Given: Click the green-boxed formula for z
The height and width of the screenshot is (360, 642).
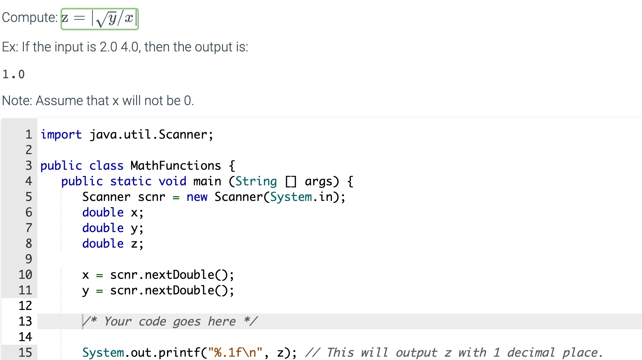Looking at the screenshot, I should pos(100,19).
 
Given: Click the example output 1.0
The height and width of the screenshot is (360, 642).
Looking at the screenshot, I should pos(14,74).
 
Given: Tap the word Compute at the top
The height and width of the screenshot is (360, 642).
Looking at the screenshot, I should pos(29,18).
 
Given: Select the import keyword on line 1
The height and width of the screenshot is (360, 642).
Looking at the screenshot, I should pos(61,135).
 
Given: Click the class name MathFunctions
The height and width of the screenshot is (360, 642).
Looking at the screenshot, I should pos(176,166).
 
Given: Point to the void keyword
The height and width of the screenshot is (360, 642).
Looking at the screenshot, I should pos(172,181).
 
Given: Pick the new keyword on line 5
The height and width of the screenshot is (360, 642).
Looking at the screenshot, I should pos(197,197).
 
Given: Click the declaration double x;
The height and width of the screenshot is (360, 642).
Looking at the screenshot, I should pos(113,212).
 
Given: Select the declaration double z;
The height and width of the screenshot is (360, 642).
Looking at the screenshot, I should pos(113,244).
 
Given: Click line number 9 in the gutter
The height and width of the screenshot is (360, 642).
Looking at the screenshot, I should pos(29,259).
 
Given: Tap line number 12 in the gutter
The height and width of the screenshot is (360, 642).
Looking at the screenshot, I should pos(25,306).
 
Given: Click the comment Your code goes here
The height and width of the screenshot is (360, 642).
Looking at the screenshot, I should pos(170,321).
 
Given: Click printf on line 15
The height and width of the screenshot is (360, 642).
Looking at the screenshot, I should pos(179,352).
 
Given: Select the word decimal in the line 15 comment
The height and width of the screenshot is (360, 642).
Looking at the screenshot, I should pos(531,352).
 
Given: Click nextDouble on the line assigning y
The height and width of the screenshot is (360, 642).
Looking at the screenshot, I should pos(179,290).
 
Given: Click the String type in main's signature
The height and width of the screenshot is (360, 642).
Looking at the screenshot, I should pos(256,181).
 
